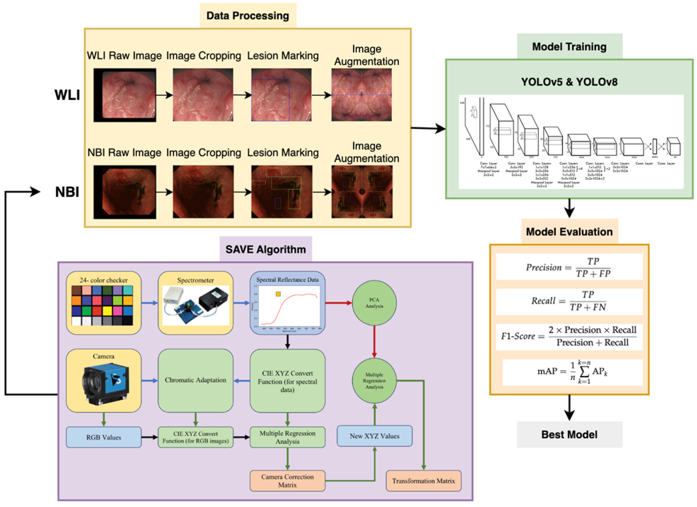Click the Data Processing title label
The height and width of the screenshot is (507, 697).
(x=248, y=15)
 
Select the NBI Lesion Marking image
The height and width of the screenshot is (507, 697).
(x=282, y=192)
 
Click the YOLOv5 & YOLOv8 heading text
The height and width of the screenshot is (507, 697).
(x=569, y=82)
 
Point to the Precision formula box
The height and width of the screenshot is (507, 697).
(x=569, y=267)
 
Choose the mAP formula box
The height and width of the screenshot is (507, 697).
(x=572, y=372)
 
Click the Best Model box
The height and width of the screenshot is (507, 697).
(x=569, y=435)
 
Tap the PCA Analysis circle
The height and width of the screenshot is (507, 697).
(x=374, y=303)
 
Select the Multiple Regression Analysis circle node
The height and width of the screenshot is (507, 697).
(x=374, y=381)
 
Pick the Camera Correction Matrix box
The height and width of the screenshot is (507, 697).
(x=287, y=481)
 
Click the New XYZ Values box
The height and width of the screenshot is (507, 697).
(x=374, y=436)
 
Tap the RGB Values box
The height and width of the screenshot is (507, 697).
(x=103, y=437)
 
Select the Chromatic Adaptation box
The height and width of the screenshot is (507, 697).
(x=195, y=380)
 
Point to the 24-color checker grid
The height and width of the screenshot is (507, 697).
(x=102, y=305)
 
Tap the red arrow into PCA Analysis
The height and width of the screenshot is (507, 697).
(x=338, y=303)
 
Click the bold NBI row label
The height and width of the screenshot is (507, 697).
(x=67, y=192)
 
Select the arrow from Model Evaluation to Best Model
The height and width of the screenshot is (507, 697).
(x=569, y=407)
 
